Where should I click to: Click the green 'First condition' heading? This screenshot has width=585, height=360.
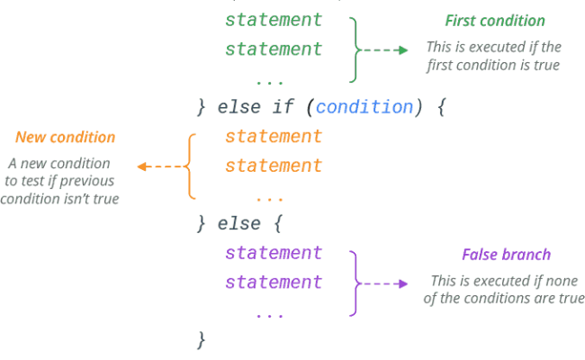(494, 21)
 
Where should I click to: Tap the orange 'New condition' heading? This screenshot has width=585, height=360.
(65, 138)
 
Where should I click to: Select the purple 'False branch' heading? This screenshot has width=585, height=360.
(506, 255)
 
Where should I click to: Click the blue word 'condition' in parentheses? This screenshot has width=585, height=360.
(364, 107)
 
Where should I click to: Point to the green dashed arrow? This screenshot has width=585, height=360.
(388, 50)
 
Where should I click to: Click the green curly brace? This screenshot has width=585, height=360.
(355, 49)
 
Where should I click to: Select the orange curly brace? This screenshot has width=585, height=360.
(190, 166)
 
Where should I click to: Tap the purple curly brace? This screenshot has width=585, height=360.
(355, 283)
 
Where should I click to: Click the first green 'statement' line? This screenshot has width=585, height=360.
(274, 20)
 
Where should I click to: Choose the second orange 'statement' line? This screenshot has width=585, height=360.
(274, 166)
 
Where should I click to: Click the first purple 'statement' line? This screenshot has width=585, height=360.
(274, 254)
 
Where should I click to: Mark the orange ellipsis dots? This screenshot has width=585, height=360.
(269, 197)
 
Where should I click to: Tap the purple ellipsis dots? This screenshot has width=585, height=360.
(269, 314)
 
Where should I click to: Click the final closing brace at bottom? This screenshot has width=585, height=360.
(202, 340)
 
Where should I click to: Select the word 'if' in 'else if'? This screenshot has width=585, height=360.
(283, 107)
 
